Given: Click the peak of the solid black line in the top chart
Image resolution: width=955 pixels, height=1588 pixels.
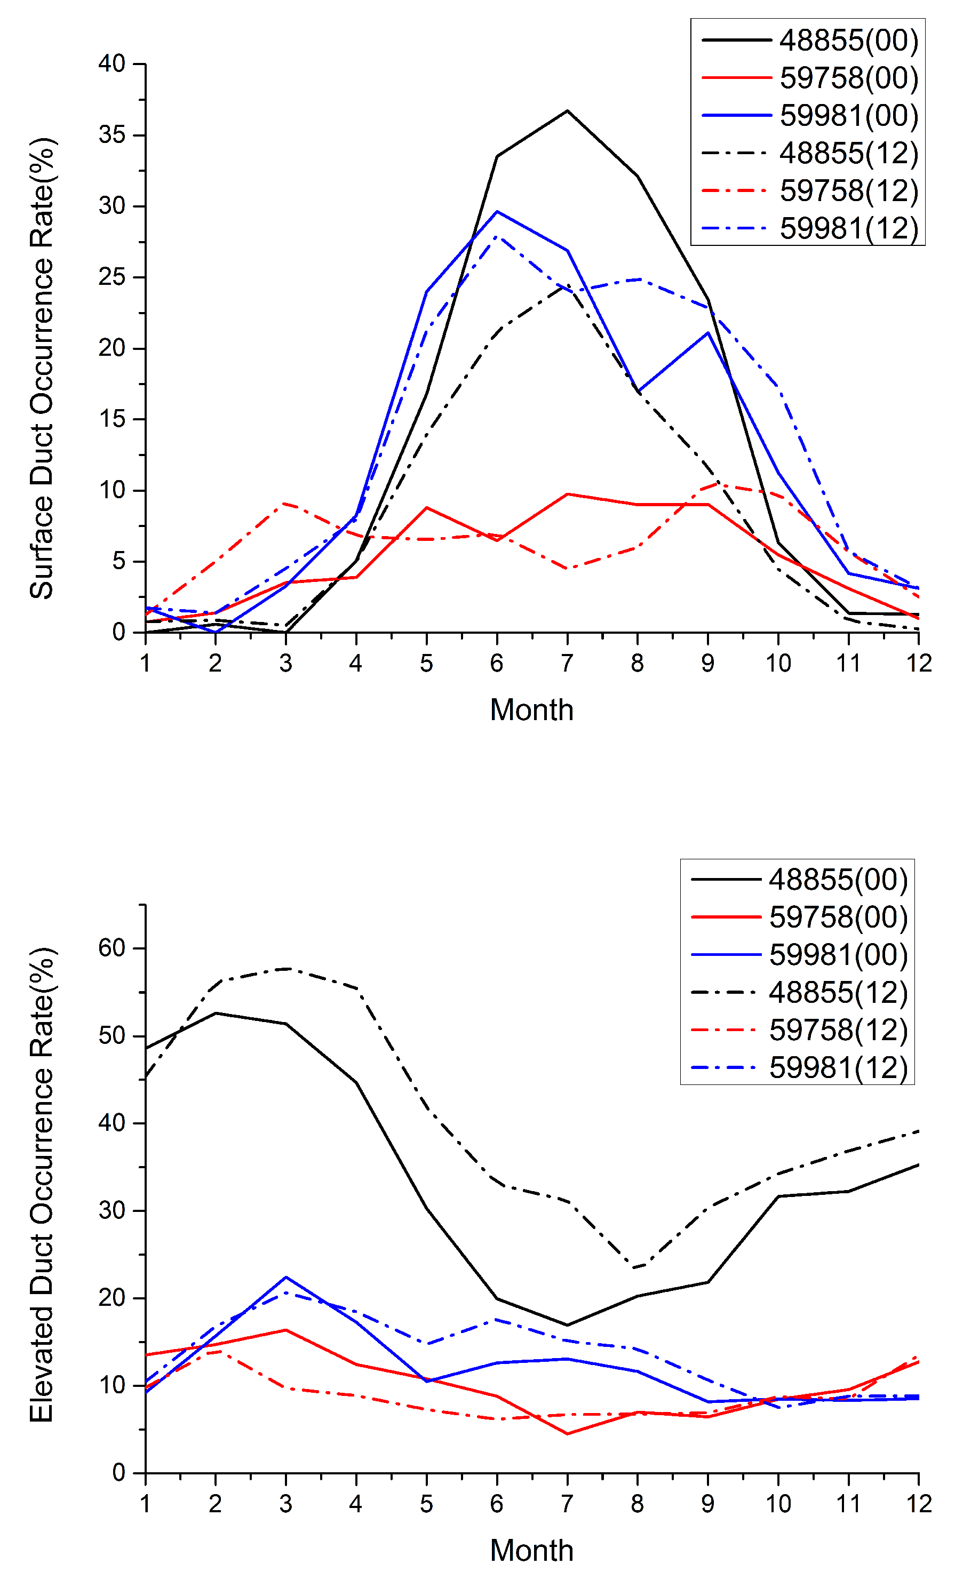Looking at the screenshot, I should [x=567, y=110].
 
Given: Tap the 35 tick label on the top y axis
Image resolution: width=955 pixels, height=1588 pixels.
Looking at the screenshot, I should [x=112, y=135].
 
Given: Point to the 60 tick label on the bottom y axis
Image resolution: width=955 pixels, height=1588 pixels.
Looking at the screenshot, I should [x=112, y=948].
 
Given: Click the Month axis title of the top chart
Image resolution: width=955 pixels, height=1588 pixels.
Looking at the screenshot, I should [x=531, y=711].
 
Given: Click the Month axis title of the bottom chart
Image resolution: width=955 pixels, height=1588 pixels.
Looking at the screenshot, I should [x=531, y=1550].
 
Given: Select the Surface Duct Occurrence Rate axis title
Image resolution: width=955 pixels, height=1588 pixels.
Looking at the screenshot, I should [x=42, y=368].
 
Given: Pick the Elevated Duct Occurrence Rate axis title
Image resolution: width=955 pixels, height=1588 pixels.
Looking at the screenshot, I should [x=42, y=1184].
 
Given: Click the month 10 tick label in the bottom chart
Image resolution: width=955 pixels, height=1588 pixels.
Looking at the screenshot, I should [x=778, y=1504].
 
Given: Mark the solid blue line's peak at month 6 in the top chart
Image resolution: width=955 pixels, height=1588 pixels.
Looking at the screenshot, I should [x=497, y=211].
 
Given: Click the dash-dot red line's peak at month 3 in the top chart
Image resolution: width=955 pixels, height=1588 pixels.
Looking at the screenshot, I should [x=285, y=503].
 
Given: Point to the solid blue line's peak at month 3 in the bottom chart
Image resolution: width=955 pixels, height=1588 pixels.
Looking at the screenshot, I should [x=285, y=1276].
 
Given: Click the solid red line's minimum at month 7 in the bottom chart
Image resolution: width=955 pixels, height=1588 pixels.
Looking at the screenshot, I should [x=567, y=1434].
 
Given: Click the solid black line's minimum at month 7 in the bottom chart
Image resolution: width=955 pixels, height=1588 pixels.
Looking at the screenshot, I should [x=567, y=1325].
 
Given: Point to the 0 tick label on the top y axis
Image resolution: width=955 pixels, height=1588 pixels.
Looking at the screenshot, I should [x=118, y=632].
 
